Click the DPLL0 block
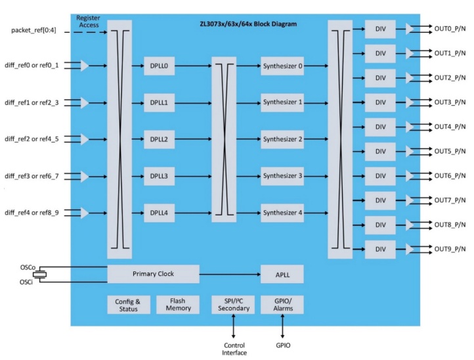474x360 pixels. pyautogui.click(x=159, y=66)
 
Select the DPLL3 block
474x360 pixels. pyautogui.click(x=159, y=176)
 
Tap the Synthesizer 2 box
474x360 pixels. pyautogui.click(x=282, y=139)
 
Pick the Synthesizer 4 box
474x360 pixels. pyautogui.click(x=282, y=213)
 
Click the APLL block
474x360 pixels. pyautogui.click(x=282, y=273)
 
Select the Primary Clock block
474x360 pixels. pyautogui.click(x=153, y=273)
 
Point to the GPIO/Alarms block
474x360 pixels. pyautogui.click(x=282, y=305)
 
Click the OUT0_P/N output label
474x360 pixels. pyautogui.click(x=450, y=29)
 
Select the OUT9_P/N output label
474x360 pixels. pyautogui.click(x=450, y=250)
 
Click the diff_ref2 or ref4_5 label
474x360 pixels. pyautogui.click(x=37, y=139)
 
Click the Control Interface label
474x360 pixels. pyautogui.click(x=234, y=348)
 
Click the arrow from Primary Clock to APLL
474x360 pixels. pyautogui.click(x=230, y=273)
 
